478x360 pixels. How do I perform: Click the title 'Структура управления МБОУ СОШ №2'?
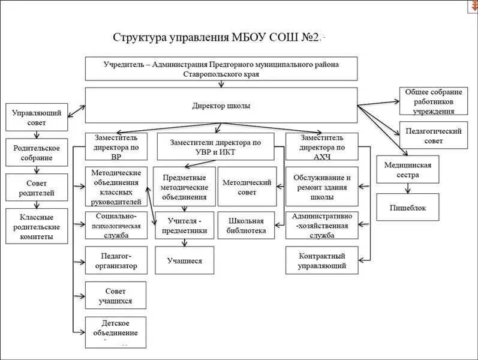click(x=216, y=38)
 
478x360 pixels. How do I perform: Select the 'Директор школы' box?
click(x=221, y=106)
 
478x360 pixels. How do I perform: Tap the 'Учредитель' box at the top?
click(x=221, y=68)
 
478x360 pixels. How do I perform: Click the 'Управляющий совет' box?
click(x=36, y=118)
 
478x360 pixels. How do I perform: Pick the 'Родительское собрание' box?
click(x=36, y=152)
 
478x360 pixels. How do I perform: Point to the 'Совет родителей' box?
click(x=36, y=188)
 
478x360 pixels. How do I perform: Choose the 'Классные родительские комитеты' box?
click(x=36, y=226)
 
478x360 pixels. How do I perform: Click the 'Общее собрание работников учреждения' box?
click(x=433, y=101)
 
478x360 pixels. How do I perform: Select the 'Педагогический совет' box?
click(x=433, y=136)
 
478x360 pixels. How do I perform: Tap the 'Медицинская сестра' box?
click(x=408, y=170)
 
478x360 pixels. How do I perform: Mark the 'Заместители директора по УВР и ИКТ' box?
click(x=215, y=147)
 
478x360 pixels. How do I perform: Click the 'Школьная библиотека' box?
click(x=246, y=226)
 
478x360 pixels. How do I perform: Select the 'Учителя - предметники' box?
click(x=184, y=226)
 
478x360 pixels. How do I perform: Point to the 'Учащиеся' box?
click(x=184, y=261)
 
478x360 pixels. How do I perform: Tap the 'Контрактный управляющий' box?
click(x=322, y=260)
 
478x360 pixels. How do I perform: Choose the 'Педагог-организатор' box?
click(x=115, y=260)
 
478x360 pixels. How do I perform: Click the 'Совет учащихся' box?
click(x=115, y=296)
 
